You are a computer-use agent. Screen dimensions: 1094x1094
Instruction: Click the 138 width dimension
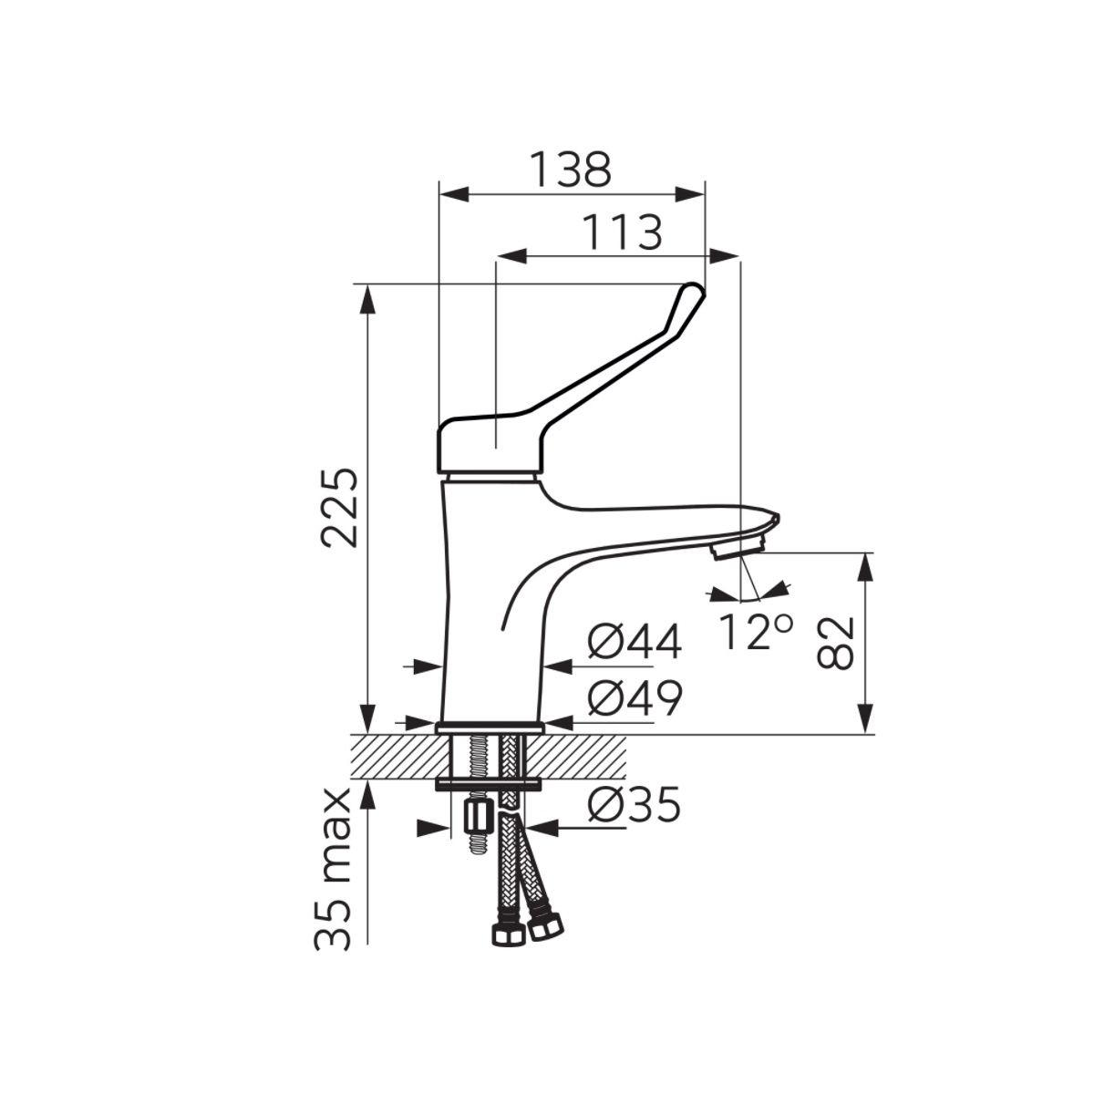pyautogui.click(x=571, y=170)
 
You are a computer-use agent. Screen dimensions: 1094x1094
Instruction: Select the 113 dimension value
pyautogui.click(x=623, y=232)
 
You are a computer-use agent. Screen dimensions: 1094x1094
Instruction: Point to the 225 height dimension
pyautogui.click(x=339, y=507)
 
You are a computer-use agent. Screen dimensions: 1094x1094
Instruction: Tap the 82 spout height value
pyautogui.click(x=835, y=643)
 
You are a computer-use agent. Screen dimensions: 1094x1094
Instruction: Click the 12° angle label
pyautogui.click(x=756, y=631)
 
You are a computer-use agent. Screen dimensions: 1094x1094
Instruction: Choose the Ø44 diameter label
pyautogui.click(x=635, y=642)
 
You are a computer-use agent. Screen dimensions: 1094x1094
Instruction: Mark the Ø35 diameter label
pyautogui.click(x=634, y=804)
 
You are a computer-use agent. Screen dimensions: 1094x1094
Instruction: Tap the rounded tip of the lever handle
pyautogui.click(x=695, y=290)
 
